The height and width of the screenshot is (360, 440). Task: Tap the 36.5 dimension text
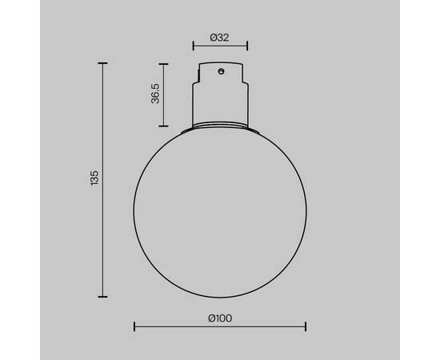[157, 94]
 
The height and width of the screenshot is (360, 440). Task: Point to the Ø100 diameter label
[219, 318]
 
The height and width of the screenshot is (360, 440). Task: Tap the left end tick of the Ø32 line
[193, 46]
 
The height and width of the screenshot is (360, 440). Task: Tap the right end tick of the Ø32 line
[247, 46]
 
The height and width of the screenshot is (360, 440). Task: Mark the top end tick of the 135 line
[103, 62]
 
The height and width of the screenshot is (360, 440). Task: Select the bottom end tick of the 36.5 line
[165, 126]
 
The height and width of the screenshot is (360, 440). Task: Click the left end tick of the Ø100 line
[134, 326]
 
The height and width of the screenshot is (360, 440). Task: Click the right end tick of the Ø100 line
[306, 326]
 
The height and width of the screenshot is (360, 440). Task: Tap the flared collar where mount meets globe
[220, 126]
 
